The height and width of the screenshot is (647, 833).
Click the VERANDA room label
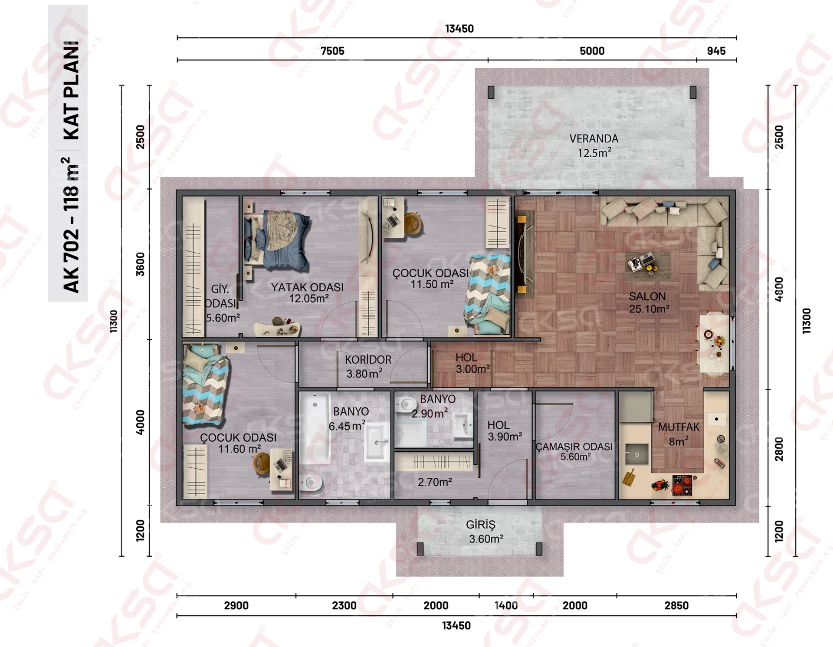594,139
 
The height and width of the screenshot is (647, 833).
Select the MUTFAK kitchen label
679,427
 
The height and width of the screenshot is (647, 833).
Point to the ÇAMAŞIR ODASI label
574,447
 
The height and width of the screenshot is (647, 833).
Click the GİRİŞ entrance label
480,525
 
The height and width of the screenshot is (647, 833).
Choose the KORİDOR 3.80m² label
367,367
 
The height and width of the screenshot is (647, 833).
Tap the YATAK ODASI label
307,287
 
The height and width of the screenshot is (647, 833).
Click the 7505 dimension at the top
332,51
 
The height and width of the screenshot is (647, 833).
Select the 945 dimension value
716,51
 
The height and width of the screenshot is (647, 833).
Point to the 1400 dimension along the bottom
506,605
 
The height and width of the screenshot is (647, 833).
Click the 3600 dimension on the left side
140,264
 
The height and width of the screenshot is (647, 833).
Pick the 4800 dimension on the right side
779,289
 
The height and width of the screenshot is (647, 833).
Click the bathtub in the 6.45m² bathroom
315,428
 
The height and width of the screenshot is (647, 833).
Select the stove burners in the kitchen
682,485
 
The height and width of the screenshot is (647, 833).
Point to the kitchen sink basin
636,454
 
